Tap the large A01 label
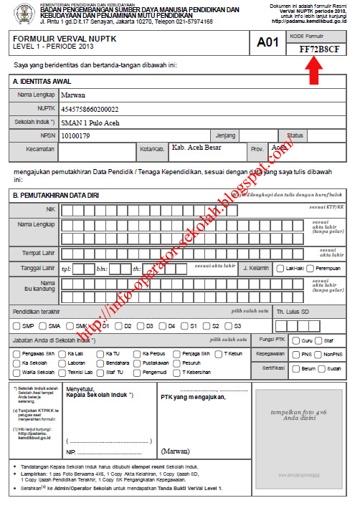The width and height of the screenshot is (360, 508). coord(267,42)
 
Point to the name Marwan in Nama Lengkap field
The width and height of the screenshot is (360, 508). coord(75,95)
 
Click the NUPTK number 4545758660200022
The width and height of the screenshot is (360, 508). coord(90,109)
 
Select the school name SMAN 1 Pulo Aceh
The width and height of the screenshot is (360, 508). coord(90,122)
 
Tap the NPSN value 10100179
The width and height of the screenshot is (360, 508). coord(76,135)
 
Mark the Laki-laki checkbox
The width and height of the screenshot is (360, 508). coord(280,268)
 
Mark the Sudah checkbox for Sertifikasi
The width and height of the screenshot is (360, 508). coord(322,368)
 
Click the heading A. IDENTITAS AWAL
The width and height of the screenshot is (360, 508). coord(44,82)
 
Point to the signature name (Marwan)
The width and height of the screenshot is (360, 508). coord(176,451)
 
